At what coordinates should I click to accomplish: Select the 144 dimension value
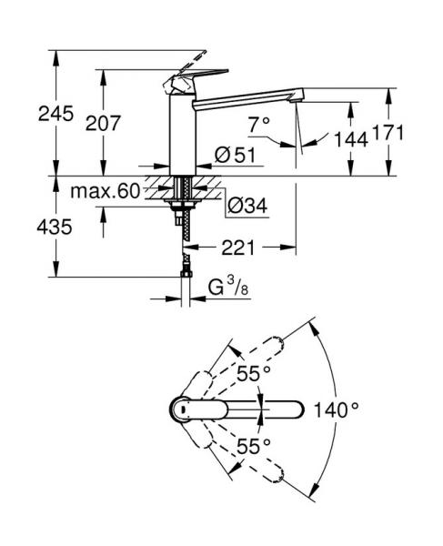(x=350, y=138)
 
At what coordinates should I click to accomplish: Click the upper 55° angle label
(x=255, y=373)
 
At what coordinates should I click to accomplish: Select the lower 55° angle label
(x=255, y=446)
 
